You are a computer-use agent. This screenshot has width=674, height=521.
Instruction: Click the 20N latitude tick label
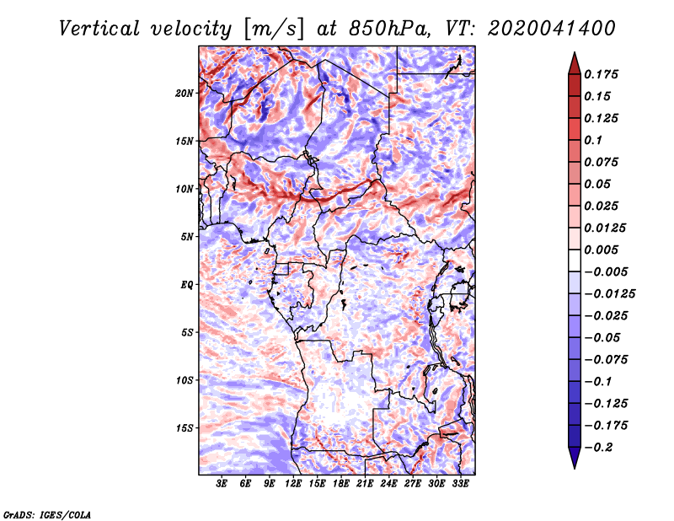(185, 94)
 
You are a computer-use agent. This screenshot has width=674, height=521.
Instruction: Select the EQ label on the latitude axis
(186, 285)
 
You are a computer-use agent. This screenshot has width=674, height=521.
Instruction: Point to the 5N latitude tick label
(187, 237)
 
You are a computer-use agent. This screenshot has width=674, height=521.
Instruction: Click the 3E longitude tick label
(222, 484)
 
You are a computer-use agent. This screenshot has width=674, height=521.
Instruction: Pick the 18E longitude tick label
(341, 484)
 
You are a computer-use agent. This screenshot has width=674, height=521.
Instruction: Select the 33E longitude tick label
(460, 484)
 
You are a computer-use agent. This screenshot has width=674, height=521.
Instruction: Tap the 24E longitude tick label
(388, 484)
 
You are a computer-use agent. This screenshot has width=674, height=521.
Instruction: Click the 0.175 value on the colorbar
(601, 74)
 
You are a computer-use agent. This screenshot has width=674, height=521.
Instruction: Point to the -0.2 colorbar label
(598, 448)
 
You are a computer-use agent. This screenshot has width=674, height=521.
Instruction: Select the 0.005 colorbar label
(601, 250)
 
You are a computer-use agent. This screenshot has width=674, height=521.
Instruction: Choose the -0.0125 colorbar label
(609, 294)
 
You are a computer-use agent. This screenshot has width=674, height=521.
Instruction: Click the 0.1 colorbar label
(593, 140)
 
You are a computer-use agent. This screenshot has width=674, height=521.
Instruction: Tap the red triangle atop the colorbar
(575, 64)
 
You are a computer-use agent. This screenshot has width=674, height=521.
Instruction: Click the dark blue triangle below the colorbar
(575, 458)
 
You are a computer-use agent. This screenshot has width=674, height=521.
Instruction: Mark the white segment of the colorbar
(575, 260)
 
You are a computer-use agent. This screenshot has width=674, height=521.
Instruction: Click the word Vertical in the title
(99, 29)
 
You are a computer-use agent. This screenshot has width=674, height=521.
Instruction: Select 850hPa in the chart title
(389, 29)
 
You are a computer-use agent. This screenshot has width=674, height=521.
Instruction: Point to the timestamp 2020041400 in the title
(552, 29)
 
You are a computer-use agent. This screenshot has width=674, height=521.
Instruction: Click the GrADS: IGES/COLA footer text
(47, 514)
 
